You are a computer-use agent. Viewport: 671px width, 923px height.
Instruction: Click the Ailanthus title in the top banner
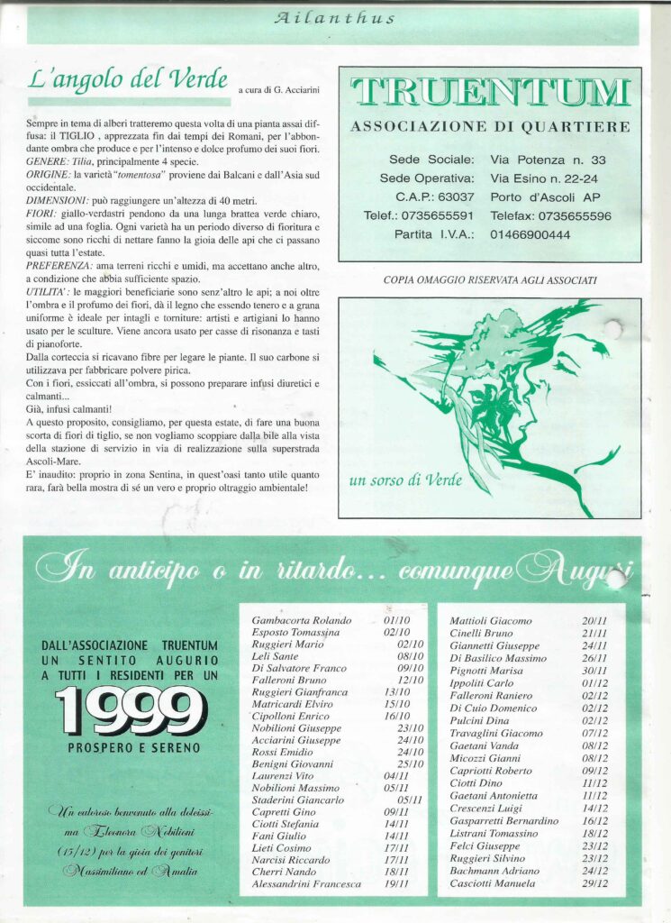coord(334,18)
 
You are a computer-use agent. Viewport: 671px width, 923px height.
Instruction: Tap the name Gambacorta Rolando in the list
coord(301,621)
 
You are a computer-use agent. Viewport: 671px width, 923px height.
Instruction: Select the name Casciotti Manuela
coord(492,884)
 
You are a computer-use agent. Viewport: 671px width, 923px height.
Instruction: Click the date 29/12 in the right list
coord(594,884)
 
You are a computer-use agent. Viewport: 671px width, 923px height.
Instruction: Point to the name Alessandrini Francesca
coord(306,884)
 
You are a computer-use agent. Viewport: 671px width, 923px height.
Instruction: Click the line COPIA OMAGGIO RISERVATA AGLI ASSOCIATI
coord(489,280)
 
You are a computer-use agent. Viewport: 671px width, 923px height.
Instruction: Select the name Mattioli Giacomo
coord(491,621)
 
